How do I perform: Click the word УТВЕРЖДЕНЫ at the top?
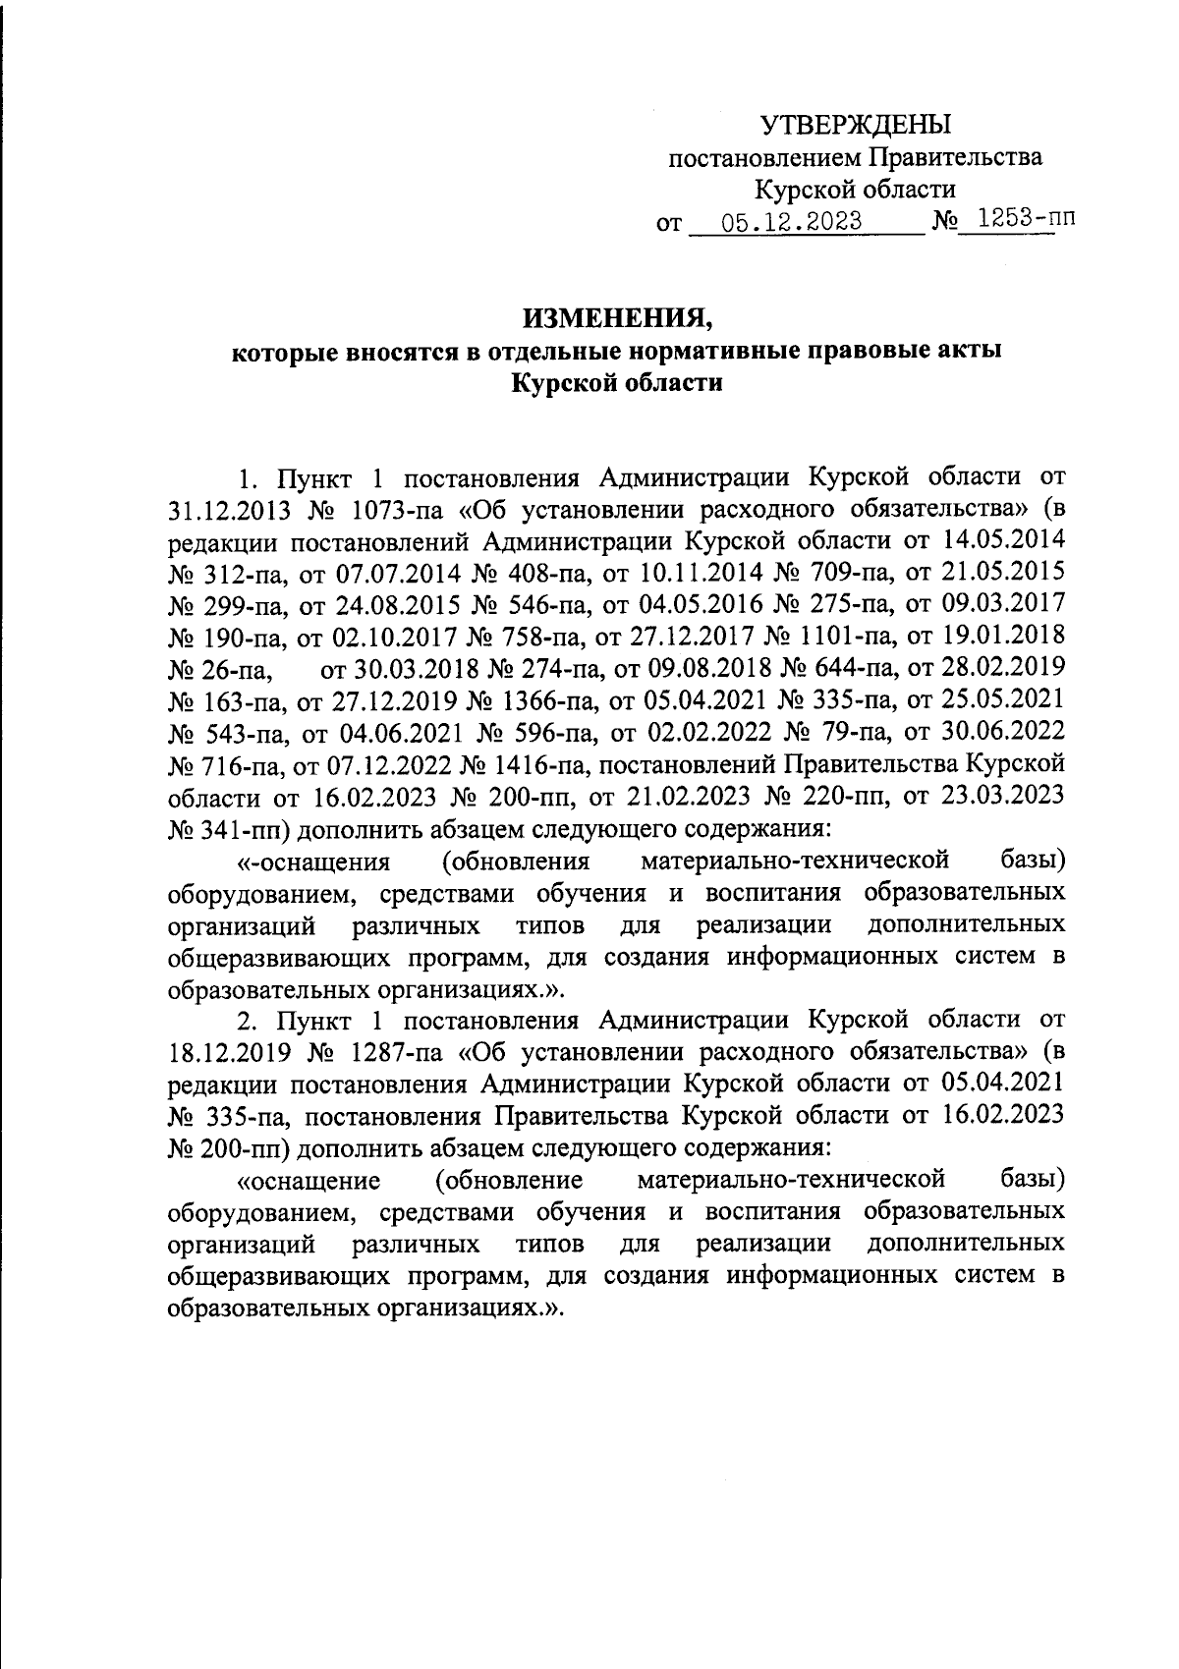pyautogui.click(x=856, y=124)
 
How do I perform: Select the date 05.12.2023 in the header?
pyautogui.click(x=791, y=221)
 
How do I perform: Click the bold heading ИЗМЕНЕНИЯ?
pyautogui.click(x=616, y=318)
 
